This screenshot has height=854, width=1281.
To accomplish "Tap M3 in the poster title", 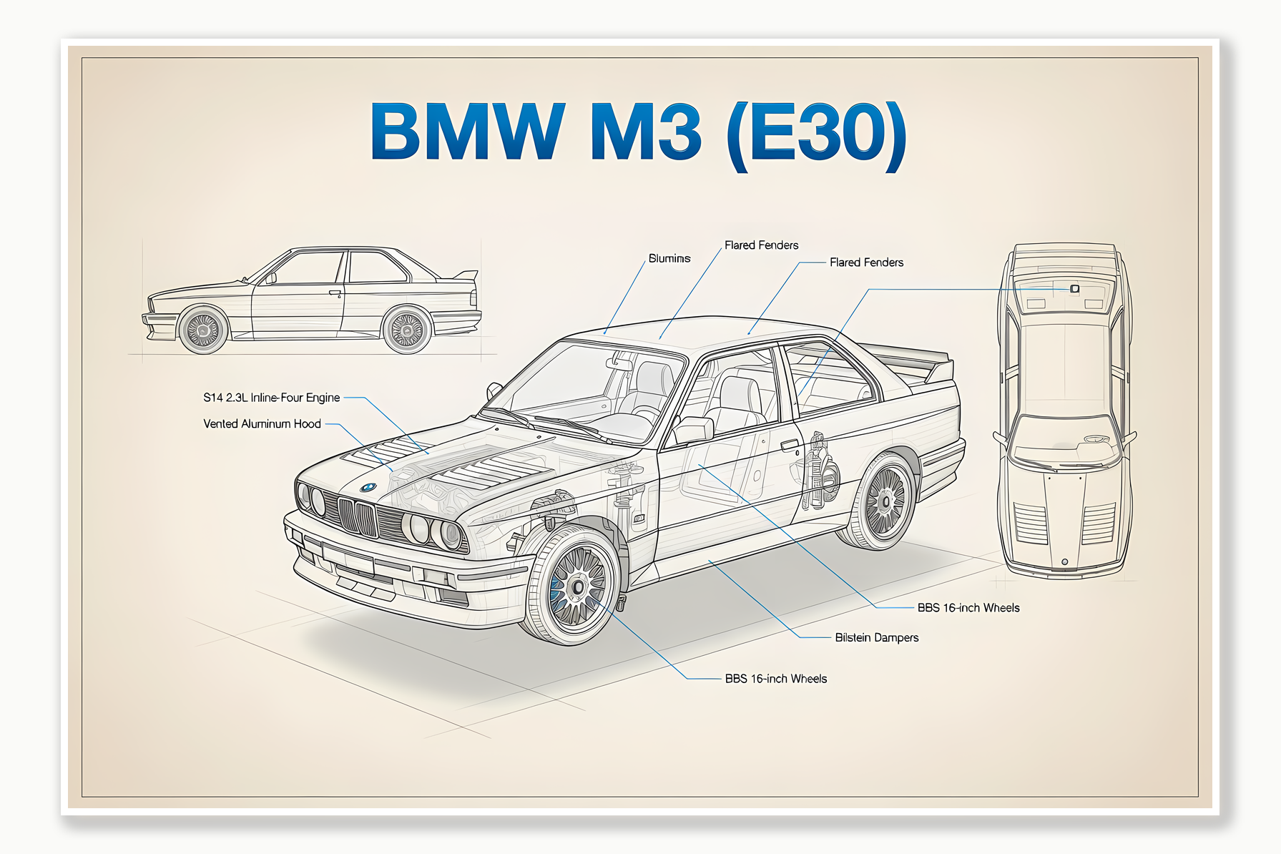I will coord(646,132).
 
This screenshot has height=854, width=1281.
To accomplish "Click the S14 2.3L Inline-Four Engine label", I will coord(271,398).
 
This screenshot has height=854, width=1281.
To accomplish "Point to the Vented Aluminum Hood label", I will coord(262,424).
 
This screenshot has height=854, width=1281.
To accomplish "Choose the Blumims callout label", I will coord(669,258).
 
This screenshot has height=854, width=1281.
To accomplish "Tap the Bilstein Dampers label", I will coord(876,637).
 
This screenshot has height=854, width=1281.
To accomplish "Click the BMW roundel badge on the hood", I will coord(368,488).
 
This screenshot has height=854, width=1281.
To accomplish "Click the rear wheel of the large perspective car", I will coord(884,501).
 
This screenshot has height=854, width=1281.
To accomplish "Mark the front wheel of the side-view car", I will coord(203,330).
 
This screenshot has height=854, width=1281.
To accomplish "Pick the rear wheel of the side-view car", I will coord(407,330).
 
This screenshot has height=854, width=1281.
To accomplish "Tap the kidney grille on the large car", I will coord(357,516).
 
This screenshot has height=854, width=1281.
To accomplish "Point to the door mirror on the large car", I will coord(693,429).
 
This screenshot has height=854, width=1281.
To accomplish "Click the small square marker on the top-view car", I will coord(1074,288).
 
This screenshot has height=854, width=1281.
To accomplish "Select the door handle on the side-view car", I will coord(335,293).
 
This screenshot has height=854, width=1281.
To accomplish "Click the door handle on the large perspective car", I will coord(790,445).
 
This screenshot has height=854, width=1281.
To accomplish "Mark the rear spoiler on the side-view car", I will coord(466,275).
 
